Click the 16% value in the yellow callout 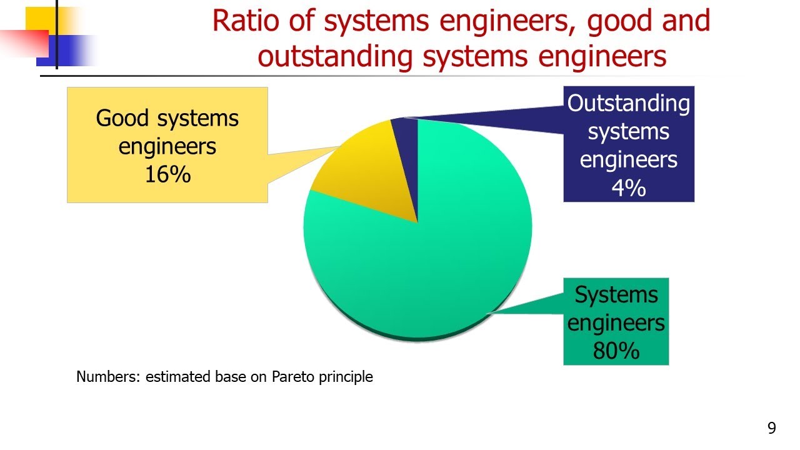(167, 175)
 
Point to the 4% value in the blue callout (628, 187)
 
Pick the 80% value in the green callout (616, 351)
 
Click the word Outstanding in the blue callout (628, 104)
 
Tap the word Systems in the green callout (616, 294)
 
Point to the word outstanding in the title (334, 57)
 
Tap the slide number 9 (772, 428)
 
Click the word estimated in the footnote (172, 377)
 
